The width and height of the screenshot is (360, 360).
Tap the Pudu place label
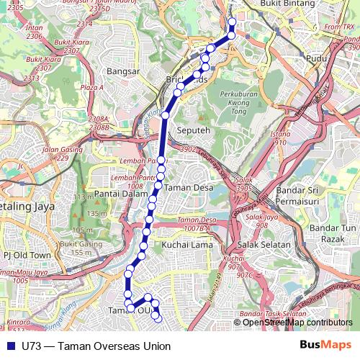[316, 59]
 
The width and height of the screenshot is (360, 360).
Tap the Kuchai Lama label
[186, 245]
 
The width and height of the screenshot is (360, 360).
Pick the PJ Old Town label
[27, 255]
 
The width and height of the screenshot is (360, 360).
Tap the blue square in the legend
[9, 345]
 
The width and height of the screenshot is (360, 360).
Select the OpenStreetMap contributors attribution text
[297, 323]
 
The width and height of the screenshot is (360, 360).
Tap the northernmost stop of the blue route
[232, 21]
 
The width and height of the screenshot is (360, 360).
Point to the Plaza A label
[92, 87]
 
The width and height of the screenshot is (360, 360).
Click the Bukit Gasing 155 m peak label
[78, 248]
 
